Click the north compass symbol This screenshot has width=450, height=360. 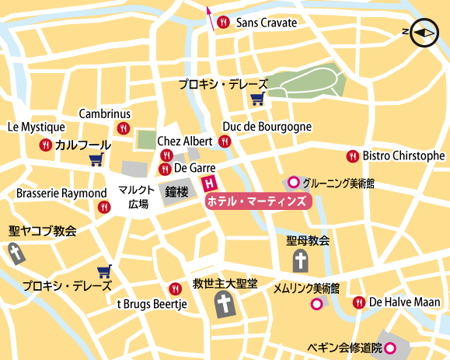click(x=423, y=33)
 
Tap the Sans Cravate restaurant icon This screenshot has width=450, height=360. click(x=224, y=23)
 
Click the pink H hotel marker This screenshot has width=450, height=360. click(x=208, y=184)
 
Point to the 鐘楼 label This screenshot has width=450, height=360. click(x=176, y=191)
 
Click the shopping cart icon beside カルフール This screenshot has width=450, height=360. click(x=96, y=160)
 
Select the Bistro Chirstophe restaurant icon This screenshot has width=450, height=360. click(x=352, y=156)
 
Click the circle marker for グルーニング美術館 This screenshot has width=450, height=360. click(x=293, y=183)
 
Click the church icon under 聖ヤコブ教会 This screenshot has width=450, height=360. click(x=16, y=252)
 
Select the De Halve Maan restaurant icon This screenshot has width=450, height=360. click(x=358, y=302)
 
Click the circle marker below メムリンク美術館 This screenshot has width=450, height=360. click(x=316, y=304)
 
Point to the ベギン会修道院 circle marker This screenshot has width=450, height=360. click(x=392, y=347)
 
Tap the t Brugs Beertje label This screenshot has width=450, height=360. click(x=152, y=304)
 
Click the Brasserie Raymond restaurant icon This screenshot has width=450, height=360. click(x=104, y=207)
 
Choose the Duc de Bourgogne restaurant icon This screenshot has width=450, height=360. click(x=225, y=141)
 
